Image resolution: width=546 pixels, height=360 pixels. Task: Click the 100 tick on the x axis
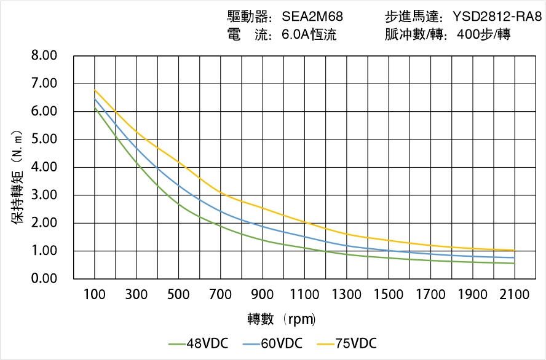coord(94,295)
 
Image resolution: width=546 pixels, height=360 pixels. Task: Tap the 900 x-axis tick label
coord(263,295)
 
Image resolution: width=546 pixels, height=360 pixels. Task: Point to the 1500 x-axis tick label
coord(389,295)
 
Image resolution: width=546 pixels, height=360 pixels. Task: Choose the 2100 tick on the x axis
coord(515,295)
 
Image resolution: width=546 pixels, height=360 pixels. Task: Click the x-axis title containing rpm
coord(282,319)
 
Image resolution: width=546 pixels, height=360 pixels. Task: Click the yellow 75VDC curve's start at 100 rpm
coord(95,90)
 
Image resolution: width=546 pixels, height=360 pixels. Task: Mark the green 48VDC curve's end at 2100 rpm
coord(515,264)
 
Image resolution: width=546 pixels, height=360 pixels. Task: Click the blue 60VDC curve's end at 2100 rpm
coord(515,258)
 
